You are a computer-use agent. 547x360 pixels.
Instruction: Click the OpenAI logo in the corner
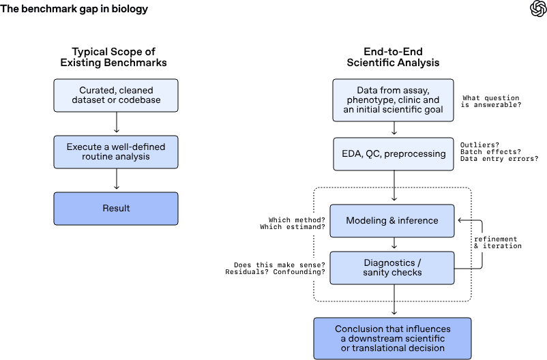(538, 8)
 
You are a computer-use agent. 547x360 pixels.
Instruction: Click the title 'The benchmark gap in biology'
(74, 9)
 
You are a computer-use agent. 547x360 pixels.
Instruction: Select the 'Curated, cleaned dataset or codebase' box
(116, 95)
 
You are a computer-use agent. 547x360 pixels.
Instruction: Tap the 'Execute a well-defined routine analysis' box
(116, 152)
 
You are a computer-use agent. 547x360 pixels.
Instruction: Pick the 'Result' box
(116, 208)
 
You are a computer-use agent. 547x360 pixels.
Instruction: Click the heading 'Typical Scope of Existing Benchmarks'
(113, 57)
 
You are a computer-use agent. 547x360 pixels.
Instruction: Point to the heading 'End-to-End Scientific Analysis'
(393, 57)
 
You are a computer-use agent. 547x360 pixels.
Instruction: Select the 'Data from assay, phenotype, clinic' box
(393, 100)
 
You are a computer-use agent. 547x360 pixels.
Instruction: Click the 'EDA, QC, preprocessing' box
(394, 154)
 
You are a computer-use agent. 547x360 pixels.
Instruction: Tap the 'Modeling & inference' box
(392, 221)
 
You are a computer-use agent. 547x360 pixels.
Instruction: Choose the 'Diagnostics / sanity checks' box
(392, 268)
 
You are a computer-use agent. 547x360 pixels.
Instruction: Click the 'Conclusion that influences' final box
(392, 338)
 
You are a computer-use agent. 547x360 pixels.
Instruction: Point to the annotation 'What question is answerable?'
(491, 101)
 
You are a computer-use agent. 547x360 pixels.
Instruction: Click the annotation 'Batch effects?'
(490, 152)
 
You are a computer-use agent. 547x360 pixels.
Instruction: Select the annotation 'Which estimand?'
(293, 227)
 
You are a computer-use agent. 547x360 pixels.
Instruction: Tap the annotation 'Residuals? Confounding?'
(275, 272)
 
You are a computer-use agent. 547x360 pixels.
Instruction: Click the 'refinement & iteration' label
(498, 243)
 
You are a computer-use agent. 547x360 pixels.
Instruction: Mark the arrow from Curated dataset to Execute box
(117, 122)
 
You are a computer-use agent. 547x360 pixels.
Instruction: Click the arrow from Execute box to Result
(117, 179)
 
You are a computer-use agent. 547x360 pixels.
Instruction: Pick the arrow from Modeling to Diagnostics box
(394, 243)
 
